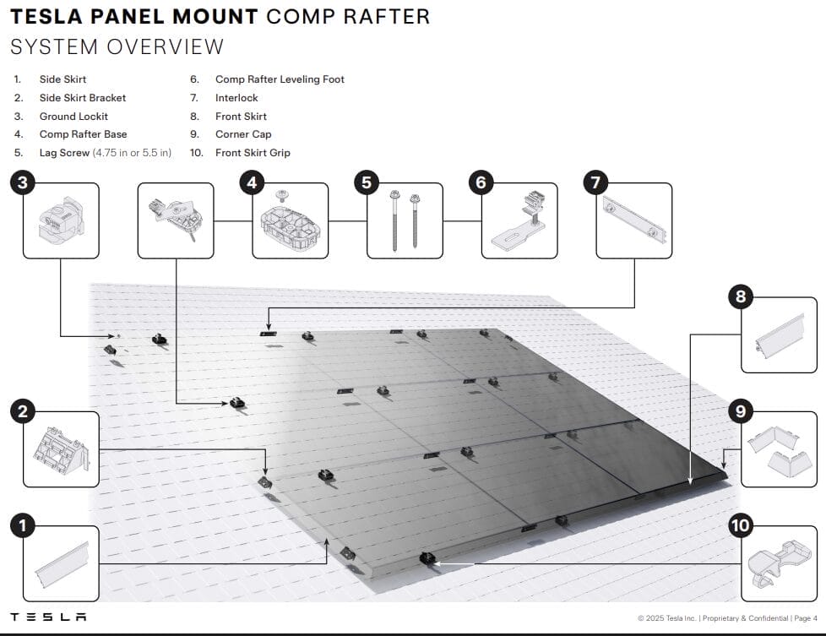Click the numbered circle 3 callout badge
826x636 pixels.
[x=23, y=182]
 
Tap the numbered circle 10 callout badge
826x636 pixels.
[x=741, y=525]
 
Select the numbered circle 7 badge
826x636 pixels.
[x=595, y=182]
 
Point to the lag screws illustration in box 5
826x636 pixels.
[x=405, y=220]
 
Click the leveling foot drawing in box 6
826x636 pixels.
[x=519, y=221]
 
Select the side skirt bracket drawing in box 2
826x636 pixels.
[x=61, y=450]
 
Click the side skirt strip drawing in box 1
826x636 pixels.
[x=62, y=565]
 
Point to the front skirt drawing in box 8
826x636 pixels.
[x=780, y=335]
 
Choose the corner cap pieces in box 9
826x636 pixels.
[x=779, y=451]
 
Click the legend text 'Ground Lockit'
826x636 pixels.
[x=73, y=117]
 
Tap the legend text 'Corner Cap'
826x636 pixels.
[x=243, y=134]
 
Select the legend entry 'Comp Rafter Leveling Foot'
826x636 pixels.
[x=280, y=79]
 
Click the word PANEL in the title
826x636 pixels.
[x=128, y=16]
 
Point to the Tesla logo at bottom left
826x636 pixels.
[x=48, y=617]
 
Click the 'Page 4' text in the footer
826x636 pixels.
[x=806, y=618]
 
